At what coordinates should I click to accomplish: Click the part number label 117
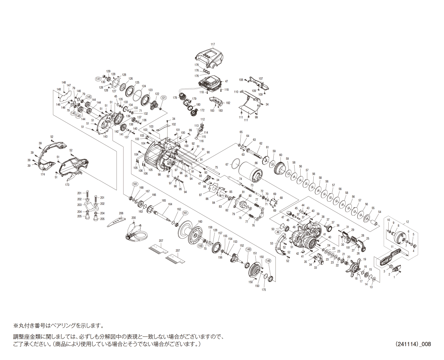pos(213,45)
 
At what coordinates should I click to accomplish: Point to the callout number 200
pos(133,218)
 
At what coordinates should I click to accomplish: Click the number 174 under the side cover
pos(43,174)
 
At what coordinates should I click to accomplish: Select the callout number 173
pos(67,185)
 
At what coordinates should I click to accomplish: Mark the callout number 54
pos(380,212)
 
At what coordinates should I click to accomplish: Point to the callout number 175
pos(264,290)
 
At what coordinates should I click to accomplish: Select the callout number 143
pos(105,137)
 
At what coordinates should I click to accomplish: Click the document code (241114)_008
pos(413,344)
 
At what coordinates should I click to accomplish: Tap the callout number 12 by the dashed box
pos(407,222)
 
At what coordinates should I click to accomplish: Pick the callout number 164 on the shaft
pos(170,204)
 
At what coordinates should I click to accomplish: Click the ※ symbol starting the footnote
pos(15,326)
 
